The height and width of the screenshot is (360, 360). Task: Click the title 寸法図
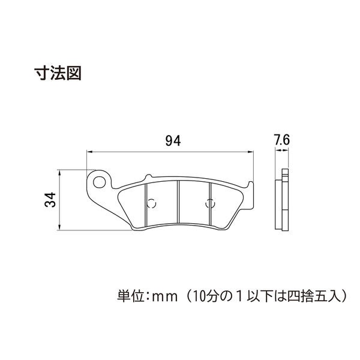click(x=58, y=73)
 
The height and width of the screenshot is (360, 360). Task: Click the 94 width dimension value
click(x=173, y=141)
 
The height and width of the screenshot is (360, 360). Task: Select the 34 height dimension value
click(x=50, y=200)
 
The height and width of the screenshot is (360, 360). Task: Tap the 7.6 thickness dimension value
click(x=282, y=140)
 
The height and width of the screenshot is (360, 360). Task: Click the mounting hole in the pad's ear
click(x=99, y=182)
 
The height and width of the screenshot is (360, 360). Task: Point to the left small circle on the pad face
click(x=152, y=203)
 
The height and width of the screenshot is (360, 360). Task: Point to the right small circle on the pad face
click(x=210, y=203)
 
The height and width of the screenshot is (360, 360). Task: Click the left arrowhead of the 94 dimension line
click(x=89, y=152)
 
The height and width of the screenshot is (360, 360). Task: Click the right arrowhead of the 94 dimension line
click(x=251, y=152)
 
